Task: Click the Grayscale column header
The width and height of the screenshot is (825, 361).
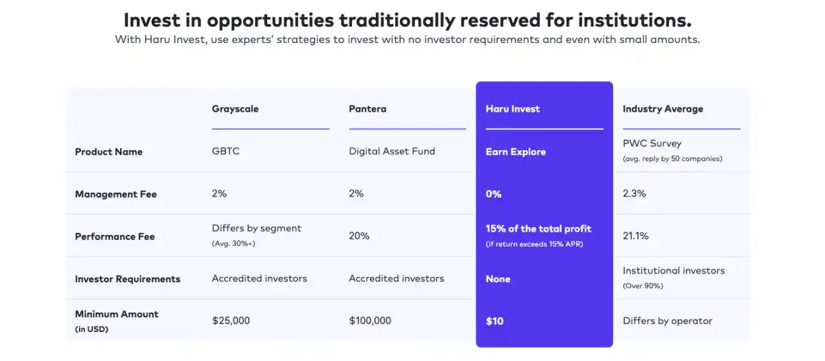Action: click(235, 109)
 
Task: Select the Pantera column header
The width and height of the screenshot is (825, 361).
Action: click(368, 109)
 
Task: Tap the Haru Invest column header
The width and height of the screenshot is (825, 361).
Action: click(513, 109)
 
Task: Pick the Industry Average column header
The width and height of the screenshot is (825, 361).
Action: click(662, 109)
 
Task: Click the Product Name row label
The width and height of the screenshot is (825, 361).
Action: click(109, 152)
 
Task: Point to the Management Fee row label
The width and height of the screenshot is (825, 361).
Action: click(115, 195)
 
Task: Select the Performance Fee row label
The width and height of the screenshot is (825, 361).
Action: click(115, 237)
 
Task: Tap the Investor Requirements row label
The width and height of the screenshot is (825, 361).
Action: click(127, 280)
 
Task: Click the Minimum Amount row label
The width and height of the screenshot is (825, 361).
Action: click(117, 315)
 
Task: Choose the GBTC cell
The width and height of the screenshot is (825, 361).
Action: click(225, 152)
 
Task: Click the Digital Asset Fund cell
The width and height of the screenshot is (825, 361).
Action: click(392, 152)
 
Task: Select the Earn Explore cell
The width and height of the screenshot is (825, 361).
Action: click(515, 152)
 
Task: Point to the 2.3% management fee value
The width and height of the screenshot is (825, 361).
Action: click(634, 194)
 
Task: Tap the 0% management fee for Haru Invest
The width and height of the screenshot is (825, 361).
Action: click(494, 195)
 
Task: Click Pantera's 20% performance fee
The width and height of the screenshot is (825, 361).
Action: click(359, 236)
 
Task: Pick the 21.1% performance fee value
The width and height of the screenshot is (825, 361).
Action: click(635, 236)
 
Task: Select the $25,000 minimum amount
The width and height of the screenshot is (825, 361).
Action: click(231, 321)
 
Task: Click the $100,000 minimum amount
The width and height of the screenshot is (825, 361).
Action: click(370, 321)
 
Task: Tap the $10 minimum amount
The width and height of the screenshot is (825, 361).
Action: click(494, 321)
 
